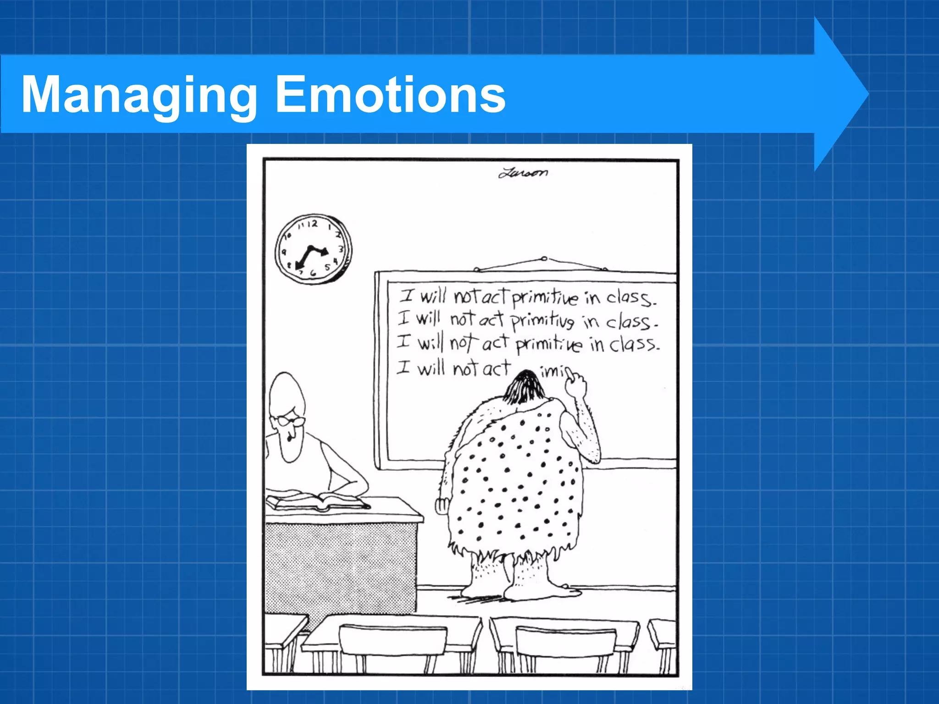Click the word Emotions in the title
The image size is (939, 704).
coord(390,94)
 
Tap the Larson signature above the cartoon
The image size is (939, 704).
coord(523,173)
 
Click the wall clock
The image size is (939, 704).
coord(313,248)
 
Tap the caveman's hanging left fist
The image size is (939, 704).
coord(442,506)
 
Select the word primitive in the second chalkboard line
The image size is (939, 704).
coord(542,320)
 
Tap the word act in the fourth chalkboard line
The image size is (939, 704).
coord(496,368)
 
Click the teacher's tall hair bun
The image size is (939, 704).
coord(286,392)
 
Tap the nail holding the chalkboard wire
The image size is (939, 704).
coord(543,258)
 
